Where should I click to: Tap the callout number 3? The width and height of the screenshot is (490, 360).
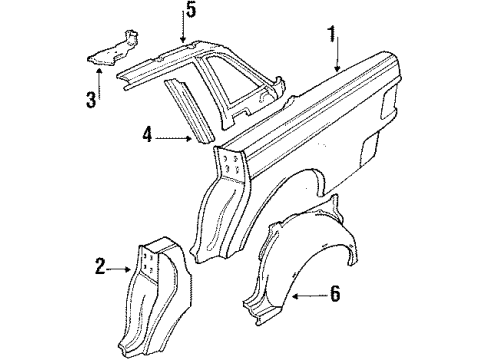pos(90,99)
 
